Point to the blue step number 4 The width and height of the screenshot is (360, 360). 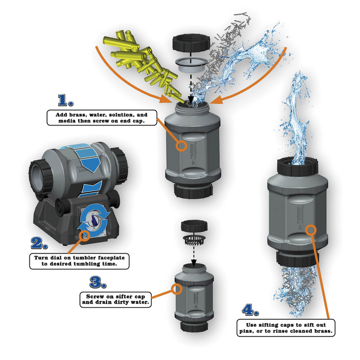[x=249, y=310]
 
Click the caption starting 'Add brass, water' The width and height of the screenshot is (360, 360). [x=98, y=118]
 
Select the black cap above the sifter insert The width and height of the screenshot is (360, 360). [x=190, y=226]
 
